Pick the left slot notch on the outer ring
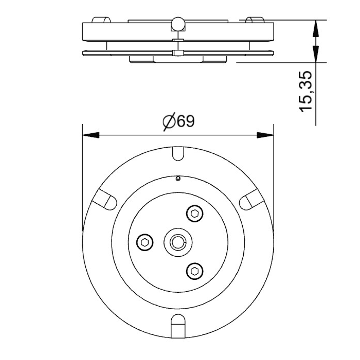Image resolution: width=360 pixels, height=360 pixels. click(x=105, y=199)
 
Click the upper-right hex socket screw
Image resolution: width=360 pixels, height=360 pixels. click(x=195, y=214)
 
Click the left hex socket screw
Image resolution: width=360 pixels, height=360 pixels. click(x=145, y=242)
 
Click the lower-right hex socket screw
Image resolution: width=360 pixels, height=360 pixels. click(x=195, y=270)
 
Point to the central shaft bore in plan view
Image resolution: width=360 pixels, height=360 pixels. click(x=178, y=242)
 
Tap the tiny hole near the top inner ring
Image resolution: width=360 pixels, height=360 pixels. click(x=178, y=178)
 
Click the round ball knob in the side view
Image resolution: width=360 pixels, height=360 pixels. click(x=178, y=24)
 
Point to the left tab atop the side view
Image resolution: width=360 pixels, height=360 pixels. click(x=101, y=20)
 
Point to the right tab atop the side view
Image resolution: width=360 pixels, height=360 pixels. click(x=255, y=20)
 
